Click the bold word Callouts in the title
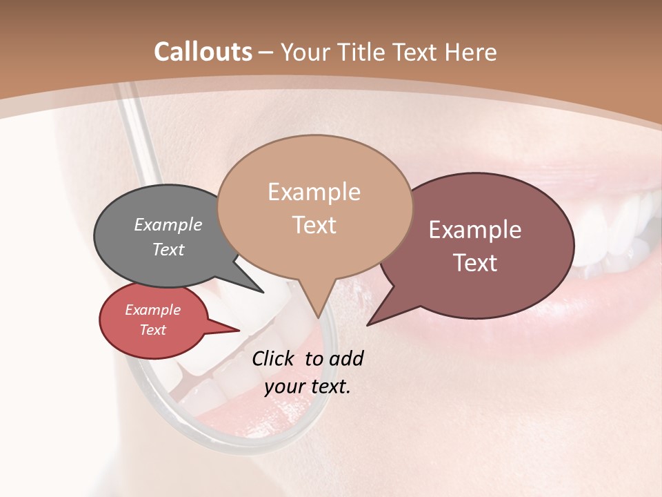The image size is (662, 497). [203, 52]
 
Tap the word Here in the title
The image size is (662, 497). [470, 52]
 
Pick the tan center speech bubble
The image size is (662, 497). [314, 207]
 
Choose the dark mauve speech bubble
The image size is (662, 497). [483, 245]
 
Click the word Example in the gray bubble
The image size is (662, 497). [168, 224]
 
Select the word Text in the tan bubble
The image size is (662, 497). [314, 225]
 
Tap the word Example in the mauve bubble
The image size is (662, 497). [475, 230]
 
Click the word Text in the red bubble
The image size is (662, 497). [153, 330]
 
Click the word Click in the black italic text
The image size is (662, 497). [273, 358]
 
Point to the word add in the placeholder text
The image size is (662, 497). [345, 358]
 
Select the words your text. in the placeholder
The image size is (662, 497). [308, 387]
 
